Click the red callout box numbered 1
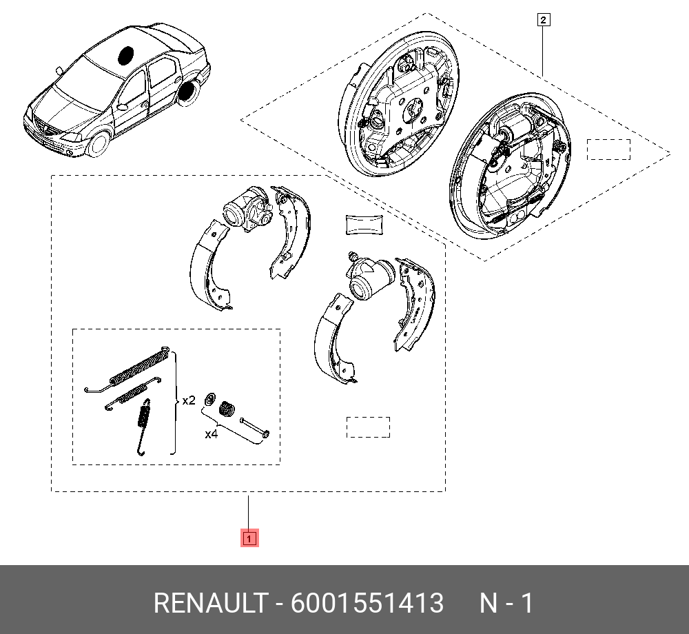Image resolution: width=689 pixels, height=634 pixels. (249, 538)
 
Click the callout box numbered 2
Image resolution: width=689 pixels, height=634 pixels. (544, 20)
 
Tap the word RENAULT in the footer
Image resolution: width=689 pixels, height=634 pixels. (211, 602)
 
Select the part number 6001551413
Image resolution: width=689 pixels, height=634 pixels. (367, 602)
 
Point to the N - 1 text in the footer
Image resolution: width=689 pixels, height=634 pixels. (506, 602)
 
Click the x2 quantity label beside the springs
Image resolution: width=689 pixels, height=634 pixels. (189, 400)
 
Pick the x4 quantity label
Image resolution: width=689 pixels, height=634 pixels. (212, 434)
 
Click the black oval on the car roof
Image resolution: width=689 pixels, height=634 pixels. (125, 56)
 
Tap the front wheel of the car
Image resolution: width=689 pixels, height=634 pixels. (99, 145)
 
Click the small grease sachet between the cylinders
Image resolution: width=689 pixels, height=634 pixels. (364, 225)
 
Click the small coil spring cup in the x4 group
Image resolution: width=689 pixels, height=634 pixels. (227, 409)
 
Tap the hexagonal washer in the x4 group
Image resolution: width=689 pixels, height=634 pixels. (210, 400)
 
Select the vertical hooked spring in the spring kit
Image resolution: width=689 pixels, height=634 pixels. (143, 427)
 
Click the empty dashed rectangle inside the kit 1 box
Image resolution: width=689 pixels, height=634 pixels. (368, 427)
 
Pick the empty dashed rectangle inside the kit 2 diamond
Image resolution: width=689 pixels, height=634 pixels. (608, 150)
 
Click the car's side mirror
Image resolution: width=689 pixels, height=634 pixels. (59, 70)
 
